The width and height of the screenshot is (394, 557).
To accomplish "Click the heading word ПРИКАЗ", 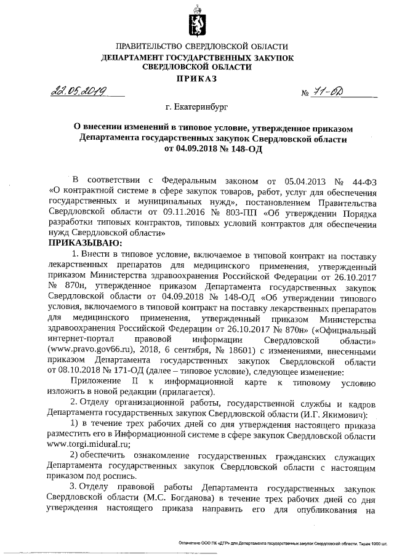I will [x=196, y=79].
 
